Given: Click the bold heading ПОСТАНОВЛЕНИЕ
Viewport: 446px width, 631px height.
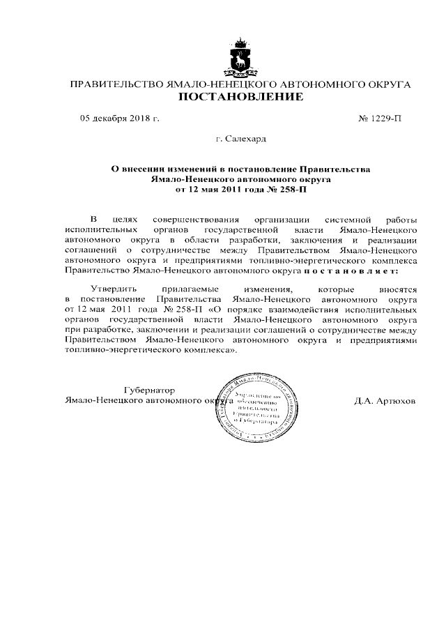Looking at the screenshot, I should coord(241,97).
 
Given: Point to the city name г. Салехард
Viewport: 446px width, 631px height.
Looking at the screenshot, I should coord(240,139).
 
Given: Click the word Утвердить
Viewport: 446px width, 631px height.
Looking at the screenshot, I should coord(115,288).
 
